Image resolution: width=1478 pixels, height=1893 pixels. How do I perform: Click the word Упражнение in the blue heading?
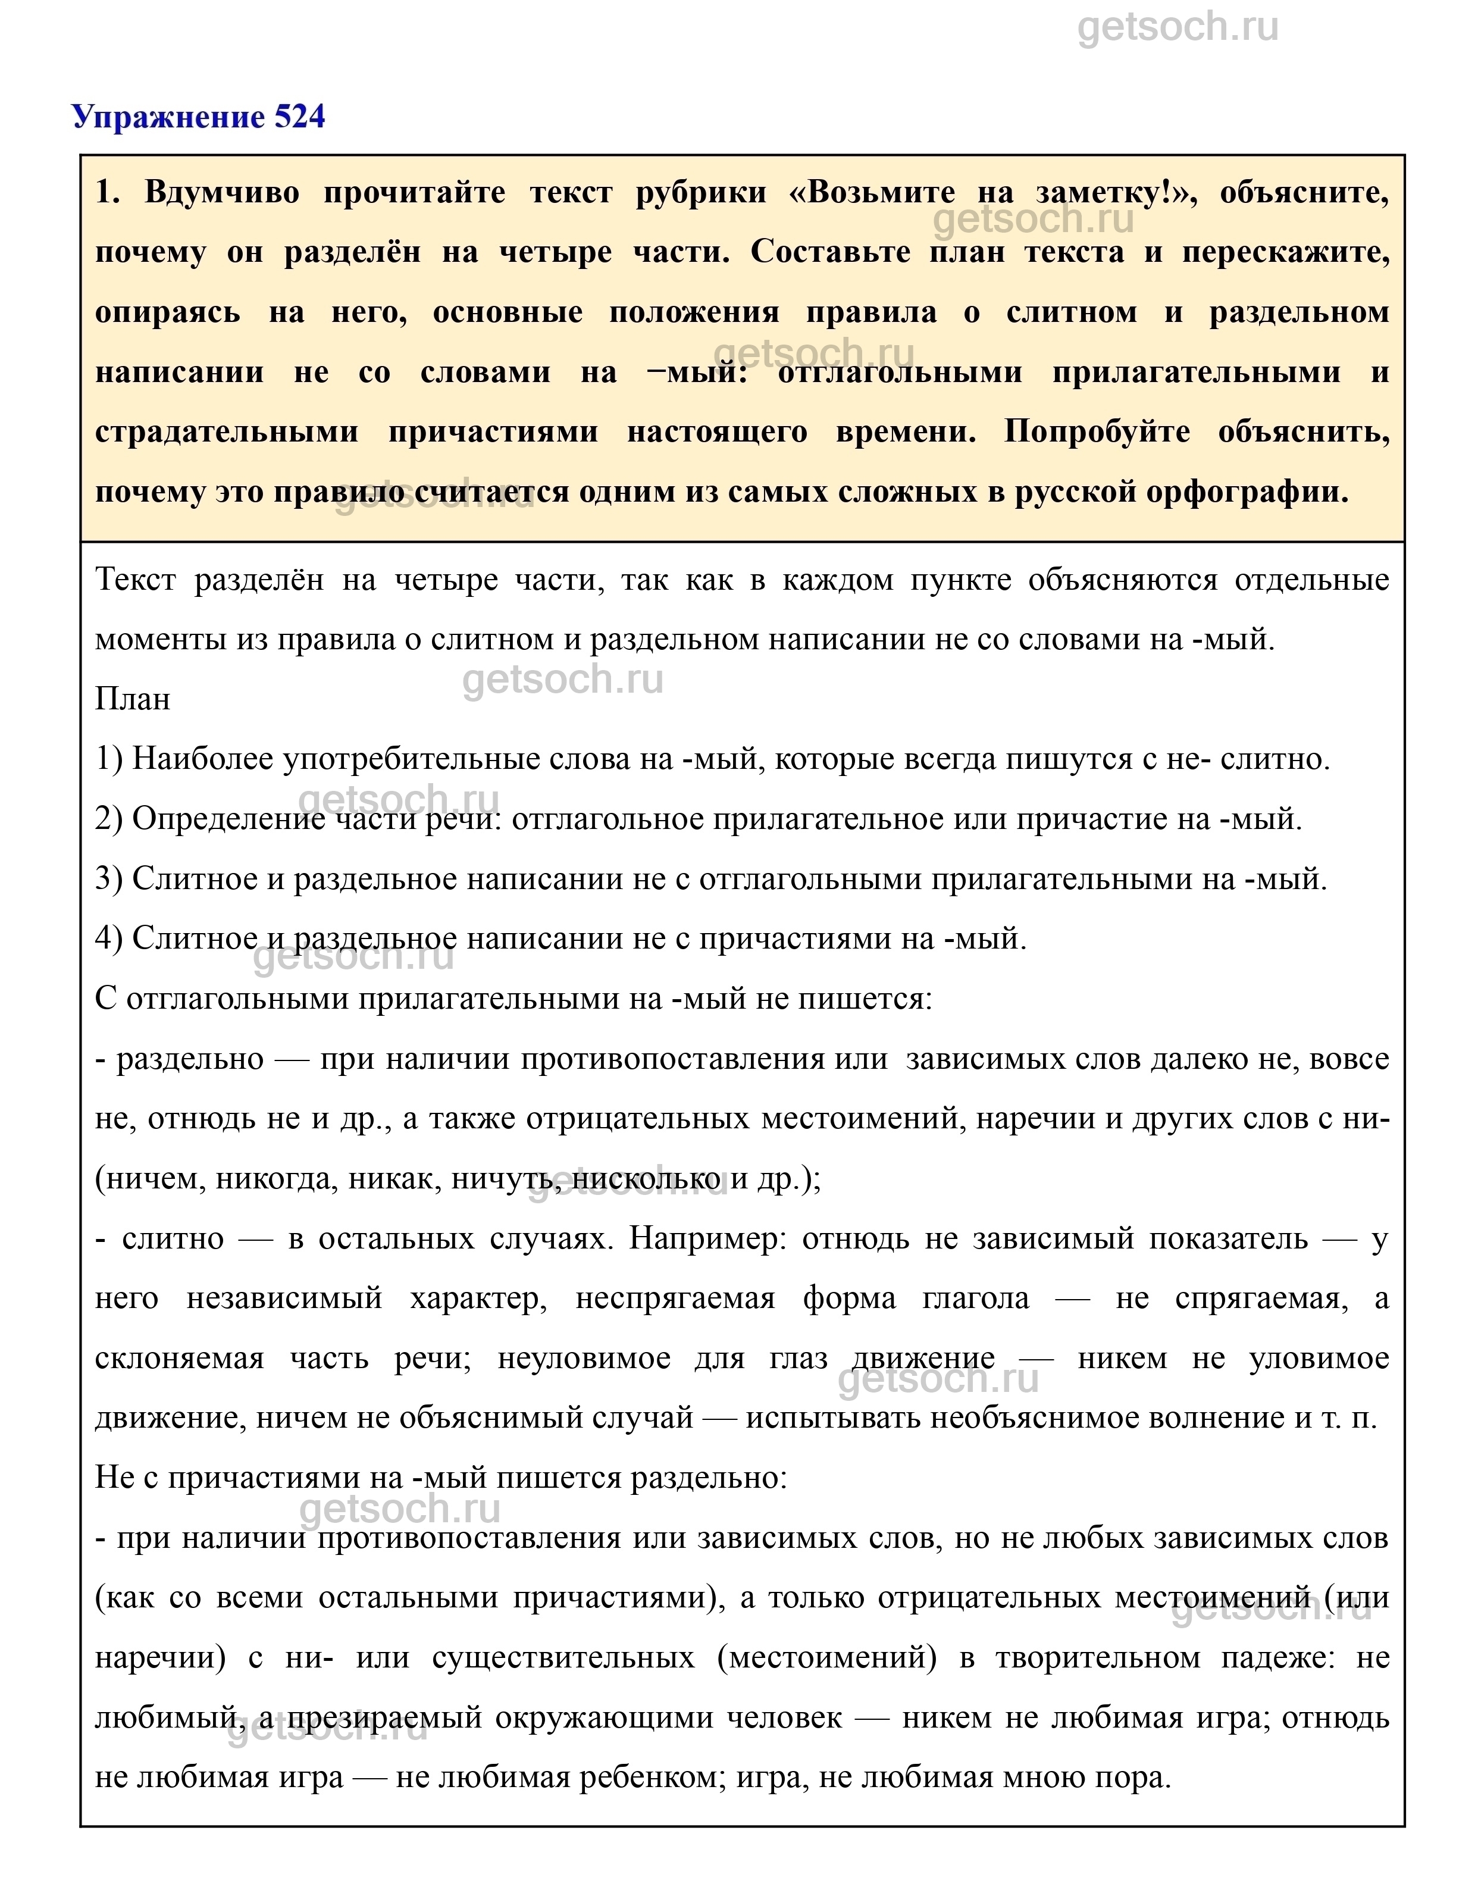point(171,117)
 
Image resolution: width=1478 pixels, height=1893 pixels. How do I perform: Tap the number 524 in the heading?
point(300,117)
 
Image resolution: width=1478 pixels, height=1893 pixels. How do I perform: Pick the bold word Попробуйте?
point(1097,431)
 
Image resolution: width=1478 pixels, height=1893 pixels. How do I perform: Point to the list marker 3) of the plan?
point(109,879)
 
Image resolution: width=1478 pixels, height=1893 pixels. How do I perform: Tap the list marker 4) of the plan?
point(109,938)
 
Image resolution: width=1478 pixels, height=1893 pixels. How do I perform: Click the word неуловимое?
point(583,1358)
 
